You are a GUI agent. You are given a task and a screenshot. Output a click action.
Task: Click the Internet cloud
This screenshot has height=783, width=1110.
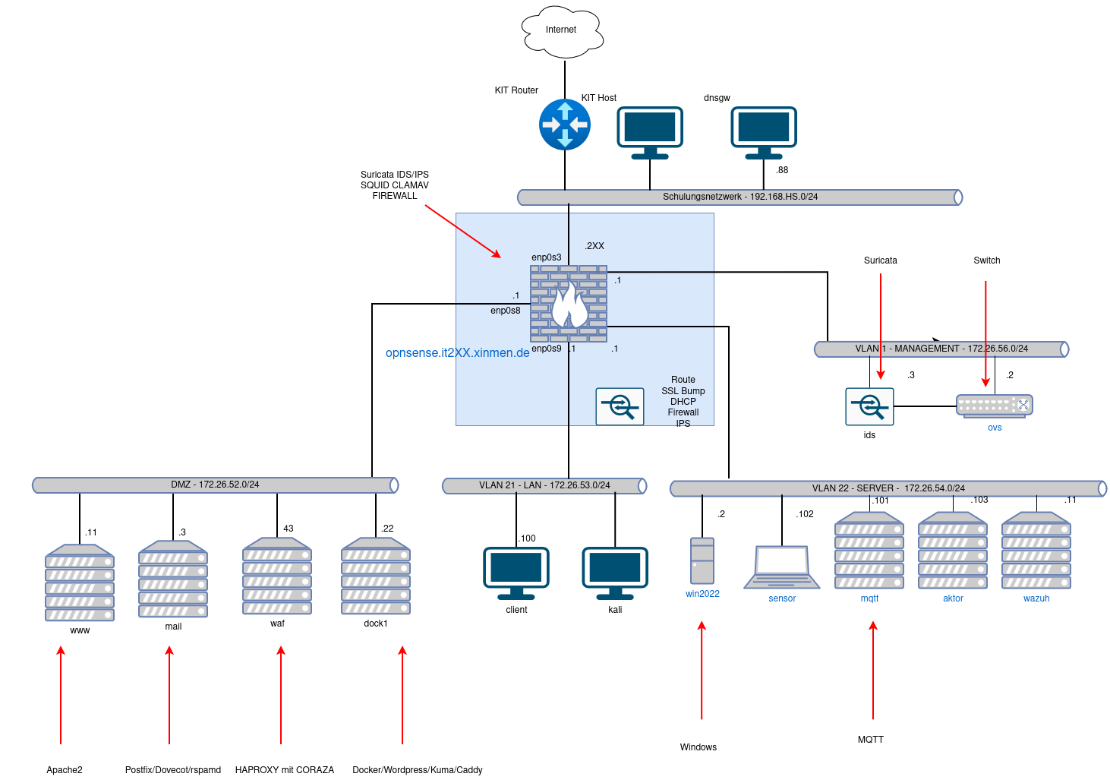click(x=563, y=31)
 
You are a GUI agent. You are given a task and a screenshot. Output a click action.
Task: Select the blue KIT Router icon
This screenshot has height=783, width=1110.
click(x=565, y=125)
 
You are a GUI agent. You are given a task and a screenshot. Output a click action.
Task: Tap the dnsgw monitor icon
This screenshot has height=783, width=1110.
click(x=764, y=132)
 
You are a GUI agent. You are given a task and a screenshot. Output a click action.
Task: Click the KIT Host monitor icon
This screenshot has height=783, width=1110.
click(x=650, y=132)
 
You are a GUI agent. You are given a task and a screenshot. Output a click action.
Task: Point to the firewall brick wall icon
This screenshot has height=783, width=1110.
click(x=569, y=303)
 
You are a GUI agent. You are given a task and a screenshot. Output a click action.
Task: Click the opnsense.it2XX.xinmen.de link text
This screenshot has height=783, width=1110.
click(x=457, y=352)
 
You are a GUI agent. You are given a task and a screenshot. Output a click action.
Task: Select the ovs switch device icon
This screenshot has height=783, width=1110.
click(x=994, y=406)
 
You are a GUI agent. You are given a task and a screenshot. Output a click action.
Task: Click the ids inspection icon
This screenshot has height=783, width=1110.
click(x=869, y=406)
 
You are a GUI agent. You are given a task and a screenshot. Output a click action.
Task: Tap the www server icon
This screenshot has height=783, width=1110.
click(x=79, y=583)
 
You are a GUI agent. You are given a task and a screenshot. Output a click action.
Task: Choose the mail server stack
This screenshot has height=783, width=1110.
click(x=173, y=579)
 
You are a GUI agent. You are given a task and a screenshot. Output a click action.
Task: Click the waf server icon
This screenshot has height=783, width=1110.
click(x=277, y=576)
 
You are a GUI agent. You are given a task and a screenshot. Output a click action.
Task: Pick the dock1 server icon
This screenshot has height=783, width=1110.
click(x=376, y=576)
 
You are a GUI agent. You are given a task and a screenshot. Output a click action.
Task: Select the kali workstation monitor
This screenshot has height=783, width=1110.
click(x=615, y=573)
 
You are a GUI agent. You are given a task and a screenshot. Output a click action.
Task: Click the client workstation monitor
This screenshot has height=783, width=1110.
click(x=516, y=573)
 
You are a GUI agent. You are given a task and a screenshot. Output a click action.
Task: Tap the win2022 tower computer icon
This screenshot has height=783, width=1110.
click(x=702, y=560)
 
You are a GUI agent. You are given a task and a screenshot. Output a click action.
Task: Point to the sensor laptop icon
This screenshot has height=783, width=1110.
click(x=782, y=567)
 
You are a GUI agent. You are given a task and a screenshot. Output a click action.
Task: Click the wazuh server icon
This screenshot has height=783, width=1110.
click(x=1036, y=551)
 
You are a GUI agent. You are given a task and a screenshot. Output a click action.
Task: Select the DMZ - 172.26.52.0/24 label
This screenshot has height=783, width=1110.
click(x=215, y=485)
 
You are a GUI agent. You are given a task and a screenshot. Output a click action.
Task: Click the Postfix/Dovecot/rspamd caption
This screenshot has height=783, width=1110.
click(x=173, y=769)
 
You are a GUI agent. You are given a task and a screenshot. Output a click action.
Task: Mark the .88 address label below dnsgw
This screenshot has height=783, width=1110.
click(x=782, y=170)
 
